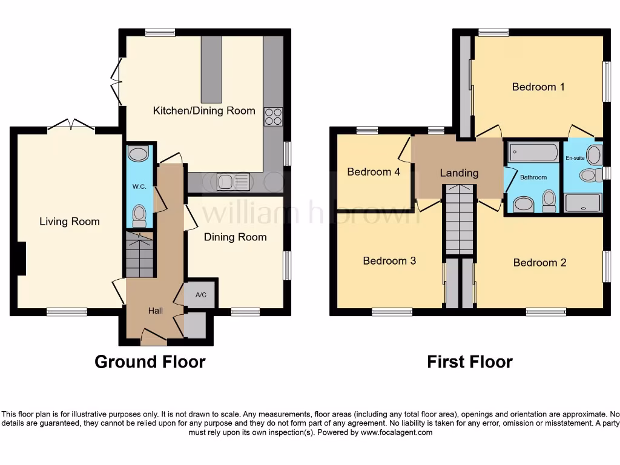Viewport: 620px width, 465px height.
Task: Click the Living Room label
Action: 70,222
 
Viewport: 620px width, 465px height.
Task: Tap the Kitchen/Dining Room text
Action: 204,111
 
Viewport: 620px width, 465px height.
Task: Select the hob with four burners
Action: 273,116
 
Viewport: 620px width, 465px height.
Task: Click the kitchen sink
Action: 233,181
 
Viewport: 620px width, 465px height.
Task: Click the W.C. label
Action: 139,186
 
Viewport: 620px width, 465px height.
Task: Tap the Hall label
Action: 156,311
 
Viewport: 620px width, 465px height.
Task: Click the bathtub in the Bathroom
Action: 533,153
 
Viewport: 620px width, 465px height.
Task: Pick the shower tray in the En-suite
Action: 583,203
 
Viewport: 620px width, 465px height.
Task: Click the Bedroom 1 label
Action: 538,87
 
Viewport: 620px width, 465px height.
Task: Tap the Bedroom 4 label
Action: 374,172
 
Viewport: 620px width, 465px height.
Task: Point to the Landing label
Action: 459,173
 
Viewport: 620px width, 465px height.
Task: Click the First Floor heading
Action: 470,362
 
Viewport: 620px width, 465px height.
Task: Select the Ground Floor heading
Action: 150,362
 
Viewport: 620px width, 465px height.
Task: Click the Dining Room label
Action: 235,237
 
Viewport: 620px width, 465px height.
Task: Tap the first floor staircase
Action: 459,221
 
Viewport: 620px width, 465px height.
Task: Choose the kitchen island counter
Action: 211,69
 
